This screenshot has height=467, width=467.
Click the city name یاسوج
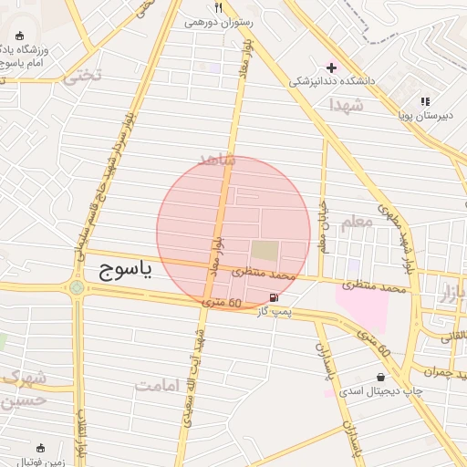point(126,270)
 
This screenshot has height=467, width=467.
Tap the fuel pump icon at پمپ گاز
point(275,298)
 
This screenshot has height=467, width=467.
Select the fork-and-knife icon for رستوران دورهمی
point(218,6)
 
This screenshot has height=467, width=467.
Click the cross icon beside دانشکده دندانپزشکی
point(331,67)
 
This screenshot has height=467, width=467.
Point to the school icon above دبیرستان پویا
point(424,101)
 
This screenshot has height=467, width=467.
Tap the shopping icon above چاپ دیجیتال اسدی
point(380,377)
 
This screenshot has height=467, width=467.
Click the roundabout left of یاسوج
point(77,289)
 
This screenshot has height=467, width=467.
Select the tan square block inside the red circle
point(265,249)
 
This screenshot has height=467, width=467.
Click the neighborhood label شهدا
point(347,106)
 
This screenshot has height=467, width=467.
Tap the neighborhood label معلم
point(357,222)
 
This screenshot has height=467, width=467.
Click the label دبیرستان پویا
point(422,115)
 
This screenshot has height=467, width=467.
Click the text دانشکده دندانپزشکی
point(333,80)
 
